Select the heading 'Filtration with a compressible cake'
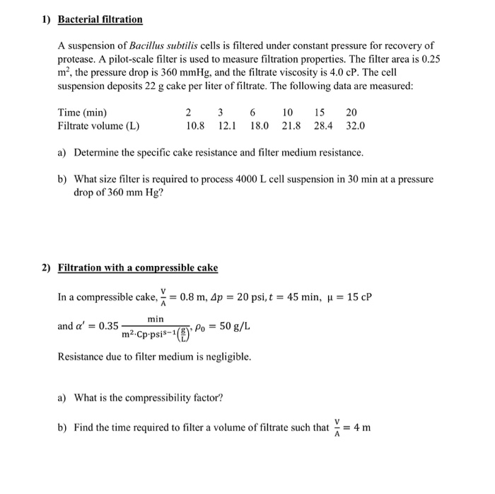[x=137, y=268]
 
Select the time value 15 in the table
[x=320, y=113]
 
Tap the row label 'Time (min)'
[x=83, y=113]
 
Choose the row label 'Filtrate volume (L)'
[x=98, y=126]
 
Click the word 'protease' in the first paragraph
[x=77, y=59]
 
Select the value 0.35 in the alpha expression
[x=108, y=326]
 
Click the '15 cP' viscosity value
[x=358, y=297]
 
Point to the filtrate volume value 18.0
[x=260, y=126]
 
